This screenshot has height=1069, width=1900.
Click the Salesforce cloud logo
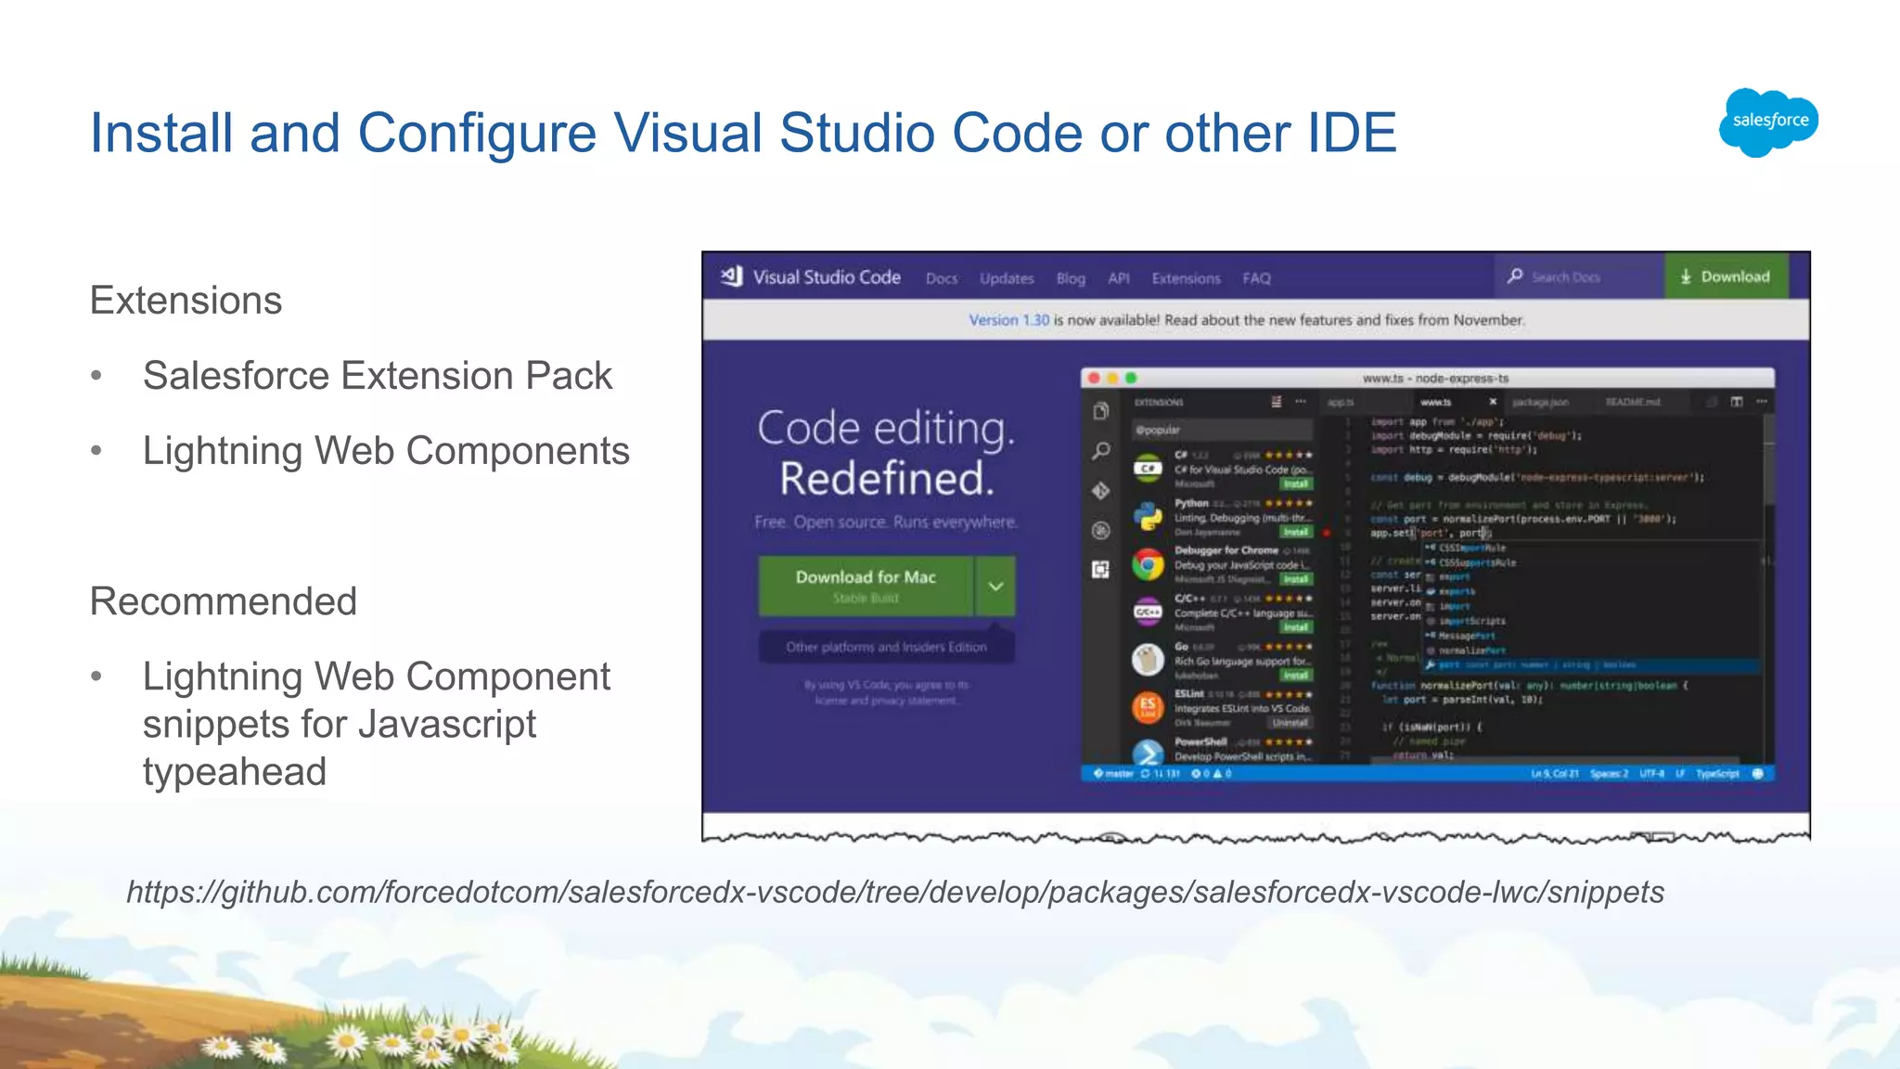(x=1769, y=122)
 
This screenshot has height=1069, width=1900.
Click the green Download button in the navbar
(x=1726, y=277)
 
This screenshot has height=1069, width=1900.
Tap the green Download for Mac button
(x=866, y=586)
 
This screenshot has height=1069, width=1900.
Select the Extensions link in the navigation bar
(x=1186, y=278)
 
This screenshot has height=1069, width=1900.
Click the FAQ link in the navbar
(x=1256, y=278)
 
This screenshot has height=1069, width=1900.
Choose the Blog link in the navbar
(x=1071, y=278)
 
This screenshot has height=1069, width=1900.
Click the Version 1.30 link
(x=1008, y=320)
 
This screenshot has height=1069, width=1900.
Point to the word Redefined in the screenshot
(x=886, y=479)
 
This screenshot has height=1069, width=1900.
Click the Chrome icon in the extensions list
(x=1148, y=564)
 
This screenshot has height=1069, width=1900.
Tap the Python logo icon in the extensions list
(x=1148, y=516)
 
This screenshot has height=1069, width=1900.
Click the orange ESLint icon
(x=1148, y=707)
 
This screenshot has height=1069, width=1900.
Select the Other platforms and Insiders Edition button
(x=886, y=647)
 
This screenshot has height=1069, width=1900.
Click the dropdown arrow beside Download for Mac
(x=995, y=586)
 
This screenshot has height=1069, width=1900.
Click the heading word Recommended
(x=224, y=601)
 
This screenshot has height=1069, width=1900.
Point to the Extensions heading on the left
(x=186, y=301)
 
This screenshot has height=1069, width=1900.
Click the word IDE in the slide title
(x=1351, y=133)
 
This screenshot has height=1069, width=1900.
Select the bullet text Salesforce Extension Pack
(x=378, y=376)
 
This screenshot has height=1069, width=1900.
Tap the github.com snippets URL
(x=895, y=892)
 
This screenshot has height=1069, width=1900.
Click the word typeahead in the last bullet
(x=235, y=772)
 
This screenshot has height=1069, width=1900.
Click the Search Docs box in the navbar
(x=1577, y=277)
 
